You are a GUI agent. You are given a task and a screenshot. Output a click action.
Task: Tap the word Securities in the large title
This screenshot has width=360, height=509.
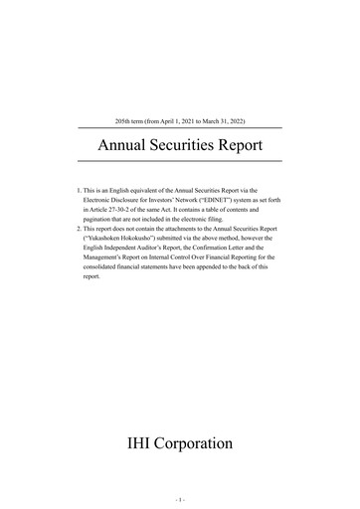tap(185, 145)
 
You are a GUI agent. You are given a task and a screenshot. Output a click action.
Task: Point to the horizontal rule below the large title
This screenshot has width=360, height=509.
tap(180, 161)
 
